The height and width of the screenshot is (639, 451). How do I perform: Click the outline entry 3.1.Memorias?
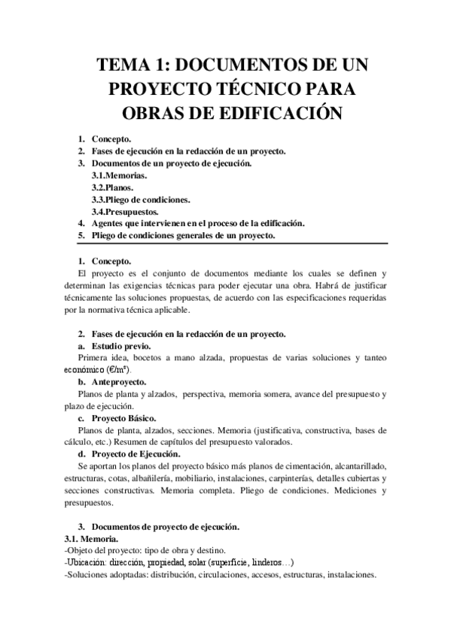119,175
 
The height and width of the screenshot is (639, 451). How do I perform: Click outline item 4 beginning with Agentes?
198,223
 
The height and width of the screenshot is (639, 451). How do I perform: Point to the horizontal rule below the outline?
226,243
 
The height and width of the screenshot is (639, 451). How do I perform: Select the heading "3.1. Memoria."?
91,539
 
